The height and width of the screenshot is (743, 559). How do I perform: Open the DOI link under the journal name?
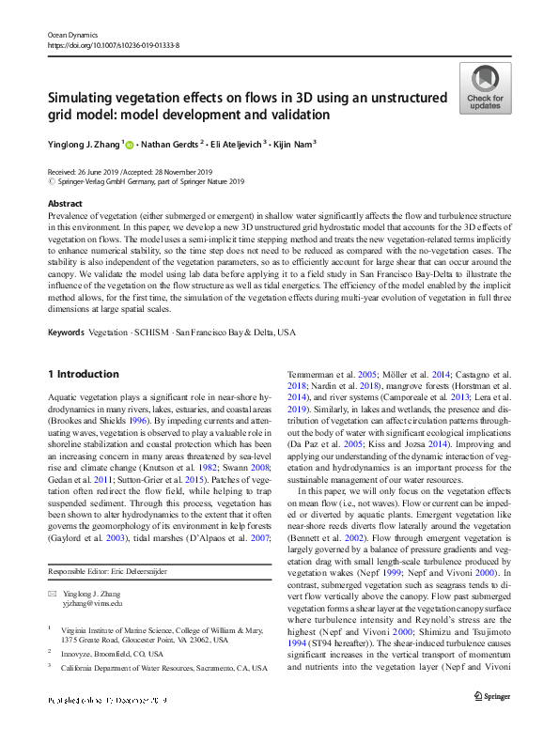(113, 44)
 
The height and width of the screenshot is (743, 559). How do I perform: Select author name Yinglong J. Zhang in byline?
(83, 144)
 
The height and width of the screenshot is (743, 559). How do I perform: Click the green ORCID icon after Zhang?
(129, 144)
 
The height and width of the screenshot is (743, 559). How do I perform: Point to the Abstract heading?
(64, 203)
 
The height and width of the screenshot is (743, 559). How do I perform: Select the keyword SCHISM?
(152, 333)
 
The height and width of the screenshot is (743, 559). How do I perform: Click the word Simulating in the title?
(85, 98)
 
